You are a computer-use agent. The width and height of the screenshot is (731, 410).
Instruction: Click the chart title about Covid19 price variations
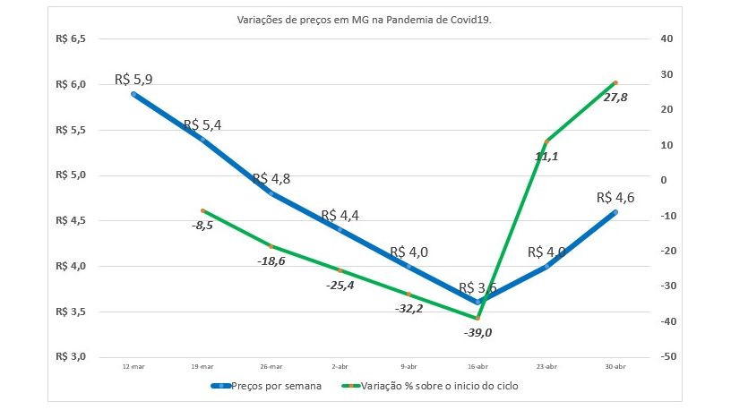click(x=365, y=19)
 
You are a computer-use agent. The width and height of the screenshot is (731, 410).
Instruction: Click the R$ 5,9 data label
click(x=133, y=79)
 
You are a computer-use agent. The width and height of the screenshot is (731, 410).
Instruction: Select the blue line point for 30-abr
click(x=615, y=212)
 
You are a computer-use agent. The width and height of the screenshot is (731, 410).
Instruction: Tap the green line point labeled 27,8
click(x=615, y=82)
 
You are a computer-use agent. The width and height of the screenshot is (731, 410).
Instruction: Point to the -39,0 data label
click(x=478, y=332)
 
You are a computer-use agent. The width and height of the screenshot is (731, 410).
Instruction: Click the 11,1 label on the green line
click(x=547, y=156)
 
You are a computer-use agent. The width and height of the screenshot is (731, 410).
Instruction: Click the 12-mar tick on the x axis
click(x=133, y=365)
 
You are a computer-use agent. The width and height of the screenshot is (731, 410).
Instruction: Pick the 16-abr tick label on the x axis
click(x=478, y=365)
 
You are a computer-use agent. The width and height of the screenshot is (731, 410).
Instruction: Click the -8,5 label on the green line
click(x=202, y=226)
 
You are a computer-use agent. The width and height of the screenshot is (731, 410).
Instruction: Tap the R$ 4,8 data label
click(x=271, y=179)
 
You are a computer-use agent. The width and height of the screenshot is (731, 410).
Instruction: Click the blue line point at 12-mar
click(x=133, y=93)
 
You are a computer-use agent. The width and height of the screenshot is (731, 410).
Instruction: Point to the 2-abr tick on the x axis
click(x=340, y=365)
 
